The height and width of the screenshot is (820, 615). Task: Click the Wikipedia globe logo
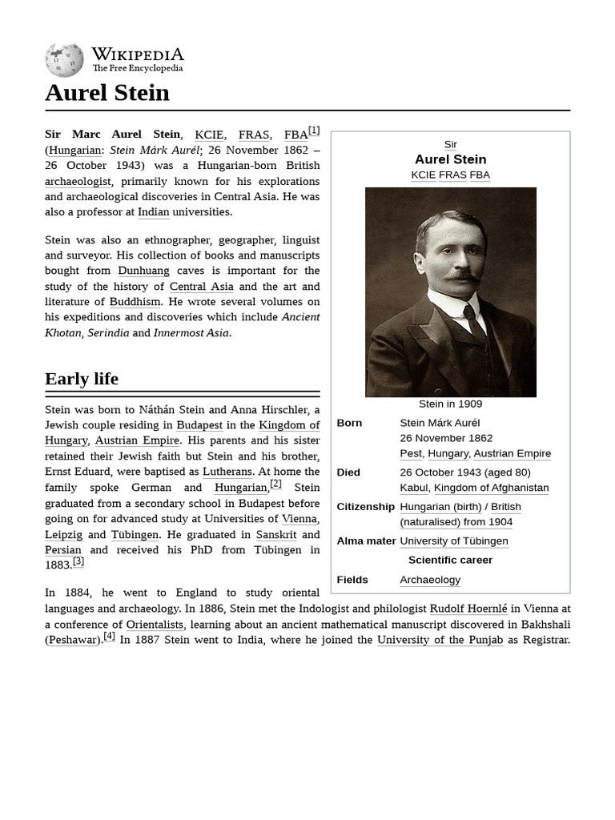[64, 60]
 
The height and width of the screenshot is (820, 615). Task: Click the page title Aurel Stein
[107, 93]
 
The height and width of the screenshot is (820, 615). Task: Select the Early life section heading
[82, 379]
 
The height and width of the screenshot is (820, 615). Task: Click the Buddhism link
[135, 302]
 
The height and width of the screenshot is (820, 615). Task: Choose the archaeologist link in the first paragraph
[78, 181]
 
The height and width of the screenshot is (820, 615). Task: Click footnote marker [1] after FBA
[314, 131]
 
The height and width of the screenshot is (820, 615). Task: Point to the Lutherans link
[227, 472]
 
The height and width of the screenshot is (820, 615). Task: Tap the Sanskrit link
[276, 534]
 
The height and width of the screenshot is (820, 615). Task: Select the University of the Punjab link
[440, 640]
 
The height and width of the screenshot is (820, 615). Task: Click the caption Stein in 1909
[450, 404]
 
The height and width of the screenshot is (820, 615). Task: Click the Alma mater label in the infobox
[366, 541]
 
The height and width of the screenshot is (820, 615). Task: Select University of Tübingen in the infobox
[453, 541]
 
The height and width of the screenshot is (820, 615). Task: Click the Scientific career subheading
[450, 561]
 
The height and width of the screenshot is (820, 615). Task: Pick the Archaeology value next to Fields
[430, 580]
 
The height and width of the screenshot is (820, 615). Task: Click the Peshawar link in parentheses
[72, 640]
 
